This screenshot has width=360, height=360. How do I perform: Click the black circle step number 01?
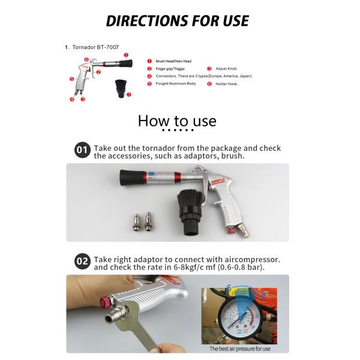pyautogui.click(x=82, y=151)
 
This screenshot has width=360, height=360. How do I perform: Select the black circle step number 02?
pyautogui.click(x=82, y=262)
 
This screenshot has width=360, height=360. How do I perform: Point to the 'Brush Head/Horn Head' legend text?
pyautogui.click(x=173, y=61)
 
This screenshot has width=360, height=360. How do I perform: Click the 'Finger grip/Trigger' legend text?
pyautogui.click(x=170, y=69)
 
